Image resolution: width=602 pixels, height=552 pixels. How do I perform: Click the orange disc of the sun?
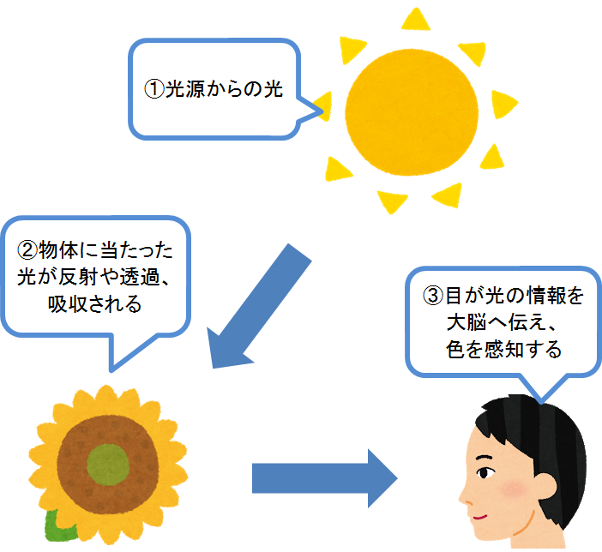click(x=412, y=112)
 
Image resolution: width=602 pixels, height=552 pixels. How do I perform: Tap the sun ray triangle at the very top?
click(x=415, y=20)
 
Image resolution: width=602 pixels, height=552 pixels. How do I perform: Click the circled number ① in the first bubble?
click(x=154, y=89)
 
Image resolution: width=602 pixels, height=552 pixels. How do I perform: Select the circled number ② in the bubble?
click(x=27, y=250)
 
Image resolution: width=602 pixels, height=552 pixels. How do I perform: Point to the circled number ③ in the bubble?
click(x=433, y=296)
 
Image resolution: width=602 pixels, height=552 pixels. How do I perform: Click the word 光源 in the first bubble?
click(x=185, y=89)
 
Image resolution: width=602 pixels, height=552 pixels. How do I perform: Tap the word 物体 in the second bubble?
click(x=58, y=250)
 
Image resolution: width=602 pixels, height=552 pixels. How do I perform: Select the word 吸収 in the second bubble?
click(x=69, y=304)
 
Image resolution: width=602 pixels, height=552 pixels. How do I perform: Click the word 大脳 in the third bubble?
click(x=467, y=322)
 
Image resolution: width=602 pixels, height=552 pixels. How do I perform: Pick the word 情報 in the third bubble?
click(x=545, y=296)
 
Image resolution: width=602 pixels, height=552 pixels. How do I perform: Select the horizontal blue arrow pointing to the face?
click(x=325, y=478)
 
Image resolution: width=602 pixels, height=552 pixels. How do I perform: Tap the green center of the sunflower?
click(x=108, y=465)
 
